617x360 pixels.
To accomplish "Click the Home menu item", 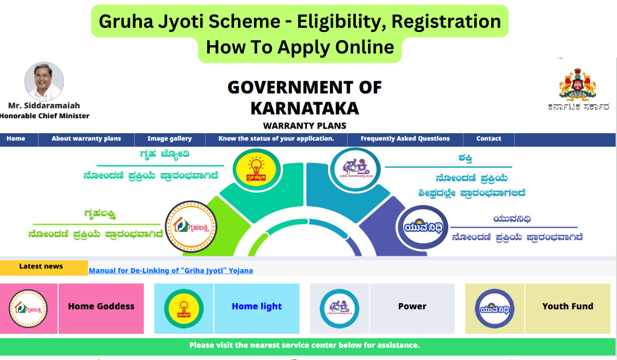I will tap(16, 138).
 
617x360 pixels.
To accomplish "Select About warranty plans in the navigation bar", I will tap(86, 138).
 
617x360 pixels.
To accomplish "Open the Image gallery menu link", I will tap(170, 138).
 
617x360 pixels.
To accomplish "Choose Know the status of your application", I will tap(276, 138).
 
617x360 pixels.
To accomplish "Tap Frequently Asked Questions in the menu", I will tap(405, 138).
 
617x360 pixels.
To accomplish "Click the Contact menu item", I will tap(488, 138).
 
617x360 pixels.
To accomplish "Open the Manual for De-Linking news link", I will tap(171, 271).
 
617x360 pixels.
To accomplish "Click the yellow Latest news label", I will tap(41, 266).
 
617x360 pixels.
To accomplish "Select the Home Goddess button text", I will tap(101, 306).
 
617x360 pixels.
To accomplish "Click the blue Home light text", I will tap(257, 306).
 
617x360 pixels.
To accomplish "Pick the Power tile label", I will tap(412, 306).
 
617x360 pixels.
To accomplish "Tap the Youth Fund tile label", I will tap(568, 306).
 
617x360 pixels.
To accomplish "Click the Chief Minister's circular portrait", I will tap(44, 82).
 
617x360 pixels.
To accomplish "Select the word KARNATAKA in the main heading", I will tap(304, 108).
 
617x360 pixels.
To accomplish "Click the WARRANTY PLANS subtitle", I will tap(304, 125).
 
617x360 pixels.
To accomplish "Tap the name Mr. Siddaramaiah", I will tap(44, 106).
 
